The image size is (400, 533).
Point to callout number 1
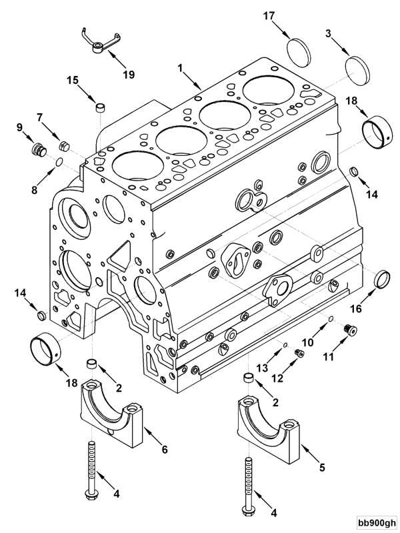180,67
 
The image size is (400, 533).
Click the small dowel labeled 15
99,107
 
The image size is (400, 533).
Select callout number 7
40,117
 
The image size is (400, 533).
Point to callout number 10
308,342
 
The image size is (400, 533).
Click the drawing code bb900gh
375,523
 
